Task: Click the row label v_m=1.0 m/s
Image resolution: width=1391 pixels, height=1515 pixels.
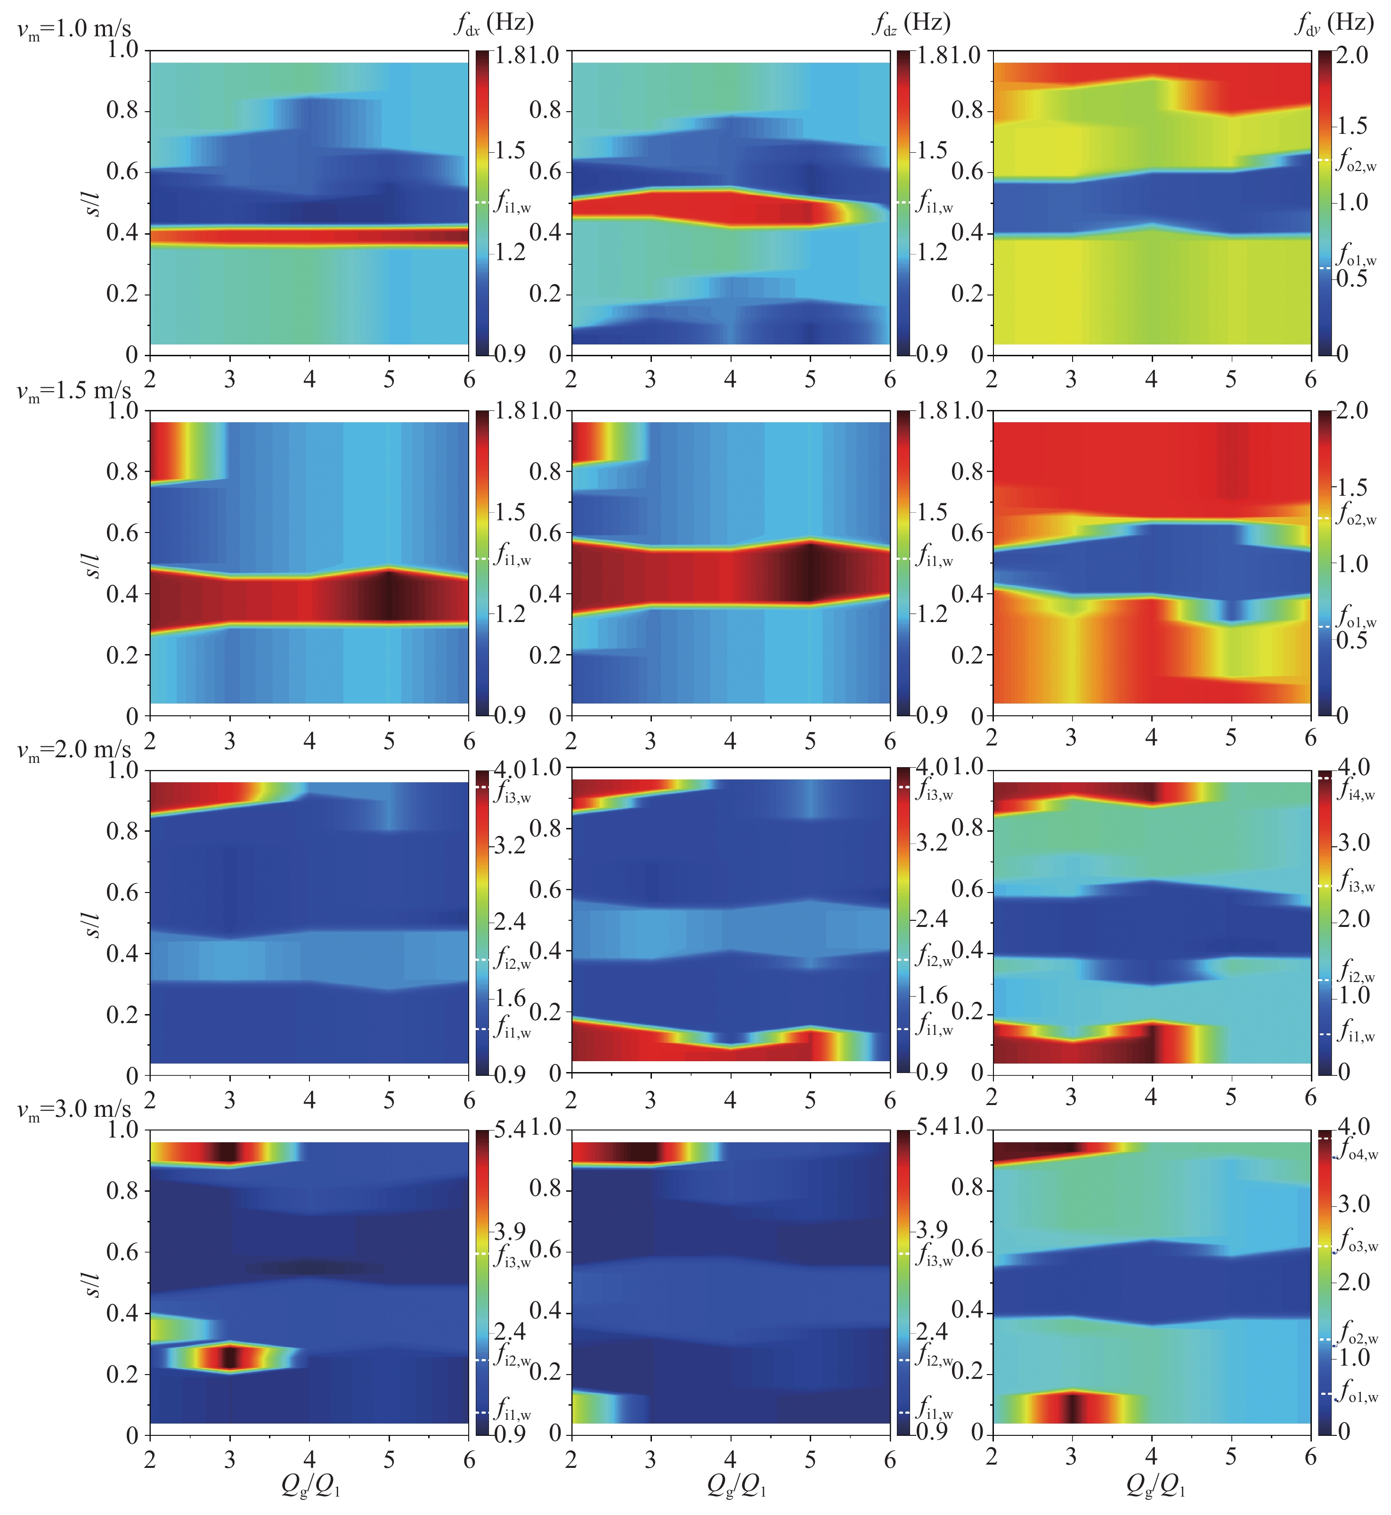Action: (x=74, y=30)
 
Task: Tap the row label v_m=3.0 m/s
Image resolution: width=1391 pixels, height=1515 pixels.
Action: (x=74, y=1109)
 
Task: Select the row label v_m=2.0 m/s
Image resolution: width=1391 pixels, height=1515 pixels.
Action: (x=74, y=750)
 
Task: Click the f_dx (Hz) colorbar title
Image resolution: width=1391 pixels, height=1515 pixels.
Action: (x=494, y=24)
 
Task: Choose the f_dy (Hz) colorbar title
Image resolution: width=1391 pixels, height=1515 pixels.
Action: (x=1334, y=24)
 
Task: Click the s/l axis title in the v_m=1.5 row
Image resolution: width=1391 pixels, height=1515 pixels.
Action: (x=92, y=563)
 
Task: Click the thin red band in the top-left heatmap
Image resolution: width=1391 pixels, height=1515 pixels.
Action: (x=309, y=236)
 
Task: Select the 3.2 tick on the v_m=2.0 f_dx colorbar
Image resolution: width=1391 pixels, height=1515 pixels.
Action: (x=510, y=845)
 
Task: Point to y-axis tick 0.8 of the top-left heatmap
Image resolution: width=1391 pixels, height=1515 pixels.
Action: (x=122, y=111)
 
